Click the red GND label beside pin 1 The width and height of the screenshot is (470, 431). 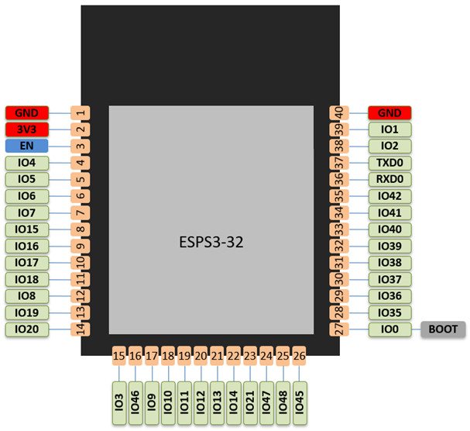tap(27, 112)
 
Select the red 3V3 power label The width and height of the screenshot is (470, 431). tap(27, 129)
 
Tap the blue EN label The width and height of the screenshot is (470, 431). tap(27, 146)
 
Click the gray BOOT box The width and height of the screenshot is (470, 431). tap(443, 329)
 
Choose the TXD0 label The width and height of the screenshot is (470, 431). tap(389, 163)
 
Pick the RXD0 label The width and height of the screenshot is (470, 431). tap(389, 179)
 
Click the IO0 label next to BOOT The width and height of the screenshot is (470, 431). tap(389, 329)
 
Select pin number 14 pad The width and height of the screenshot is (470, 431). tap(81, 329)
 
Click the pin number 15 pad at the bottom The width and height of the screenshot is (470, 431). tap(118, 357)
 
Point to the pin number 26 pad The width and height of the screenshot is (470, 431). tap(299, 357)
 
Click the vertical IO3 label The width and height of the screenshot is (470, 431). tap(118, 402)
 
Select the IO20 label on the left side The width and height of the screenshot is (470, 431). tap(27, 329)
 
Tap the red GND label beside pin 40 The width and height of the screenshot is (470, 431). tap(389, 112)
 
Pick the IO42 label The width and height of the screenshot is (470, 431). tap(389, 196)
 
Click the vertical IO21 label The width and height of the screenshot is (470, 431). tap(249, 402)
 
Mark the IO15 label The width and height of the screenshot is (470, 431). tap(27, 229)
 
